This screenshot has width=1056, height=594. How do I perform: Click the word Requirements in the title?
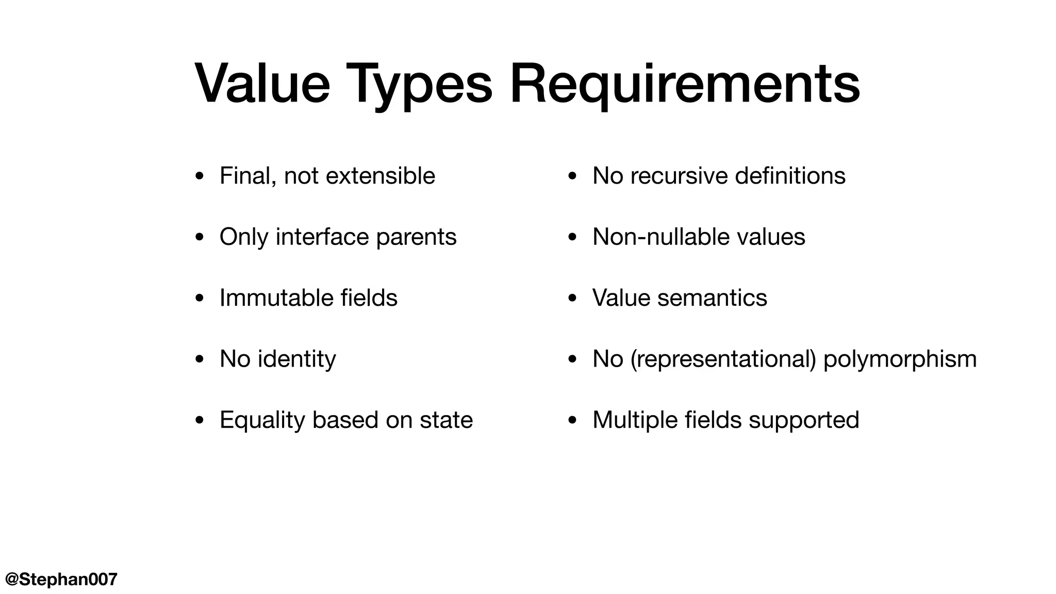point(685,84)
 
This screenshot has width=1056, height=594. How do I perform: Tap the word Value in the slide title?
point(262,84)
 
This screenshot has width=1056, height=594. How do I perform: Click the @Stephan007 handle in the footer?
point(61,579)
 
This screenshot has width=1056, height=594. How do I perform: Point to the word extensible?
point(381,176)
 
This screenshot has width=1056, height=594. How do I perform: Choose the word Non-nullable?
point(661,237)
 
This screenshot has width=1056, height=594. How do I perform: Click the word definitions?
point(790,176)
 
